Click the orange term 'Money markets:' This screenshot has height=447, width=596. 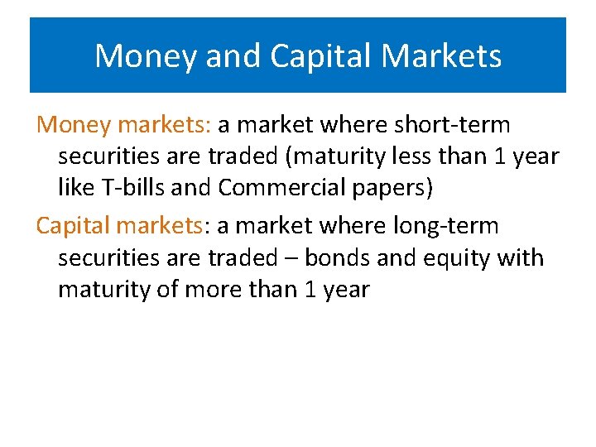point(124,125)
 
